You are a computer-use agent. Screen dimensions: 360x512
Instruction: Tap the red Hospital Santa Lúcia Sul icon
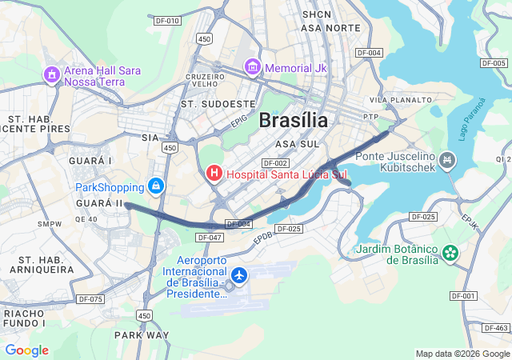[214, 173]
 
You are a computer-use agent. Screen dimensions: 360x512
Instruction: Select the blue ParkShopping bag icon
[156, 187]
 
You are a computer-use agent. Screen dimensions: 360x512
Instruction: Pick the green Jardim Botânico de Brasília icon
[451, 253]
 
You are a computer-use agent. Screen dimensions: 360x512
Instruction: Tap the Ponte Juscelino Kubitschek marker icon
[448, 162]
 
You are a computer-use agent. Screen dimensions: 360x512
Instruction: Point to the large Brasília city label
[293, 121]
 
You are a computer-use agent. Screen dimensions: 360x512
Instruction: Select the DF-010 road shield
[168, 21]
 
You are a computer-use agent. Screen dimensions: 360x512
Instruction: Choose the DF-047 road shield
[209, 238]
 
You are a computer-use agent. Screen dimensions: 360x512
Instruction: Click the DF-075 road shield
[91, 299]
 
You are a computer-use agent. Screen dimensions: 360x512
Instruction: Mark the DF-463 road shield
[496, 328]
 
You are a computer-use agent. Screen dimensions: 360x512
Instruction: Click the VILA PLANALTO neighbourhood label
[400, 100]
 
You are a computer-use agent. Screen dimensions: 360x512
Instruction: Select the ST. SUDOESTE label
[218, 104]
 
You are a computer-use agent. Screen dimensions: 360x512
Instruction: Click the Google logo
[26, 350]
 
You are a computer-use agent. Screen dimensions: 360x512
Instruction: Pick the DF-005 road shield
[494, 62]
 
